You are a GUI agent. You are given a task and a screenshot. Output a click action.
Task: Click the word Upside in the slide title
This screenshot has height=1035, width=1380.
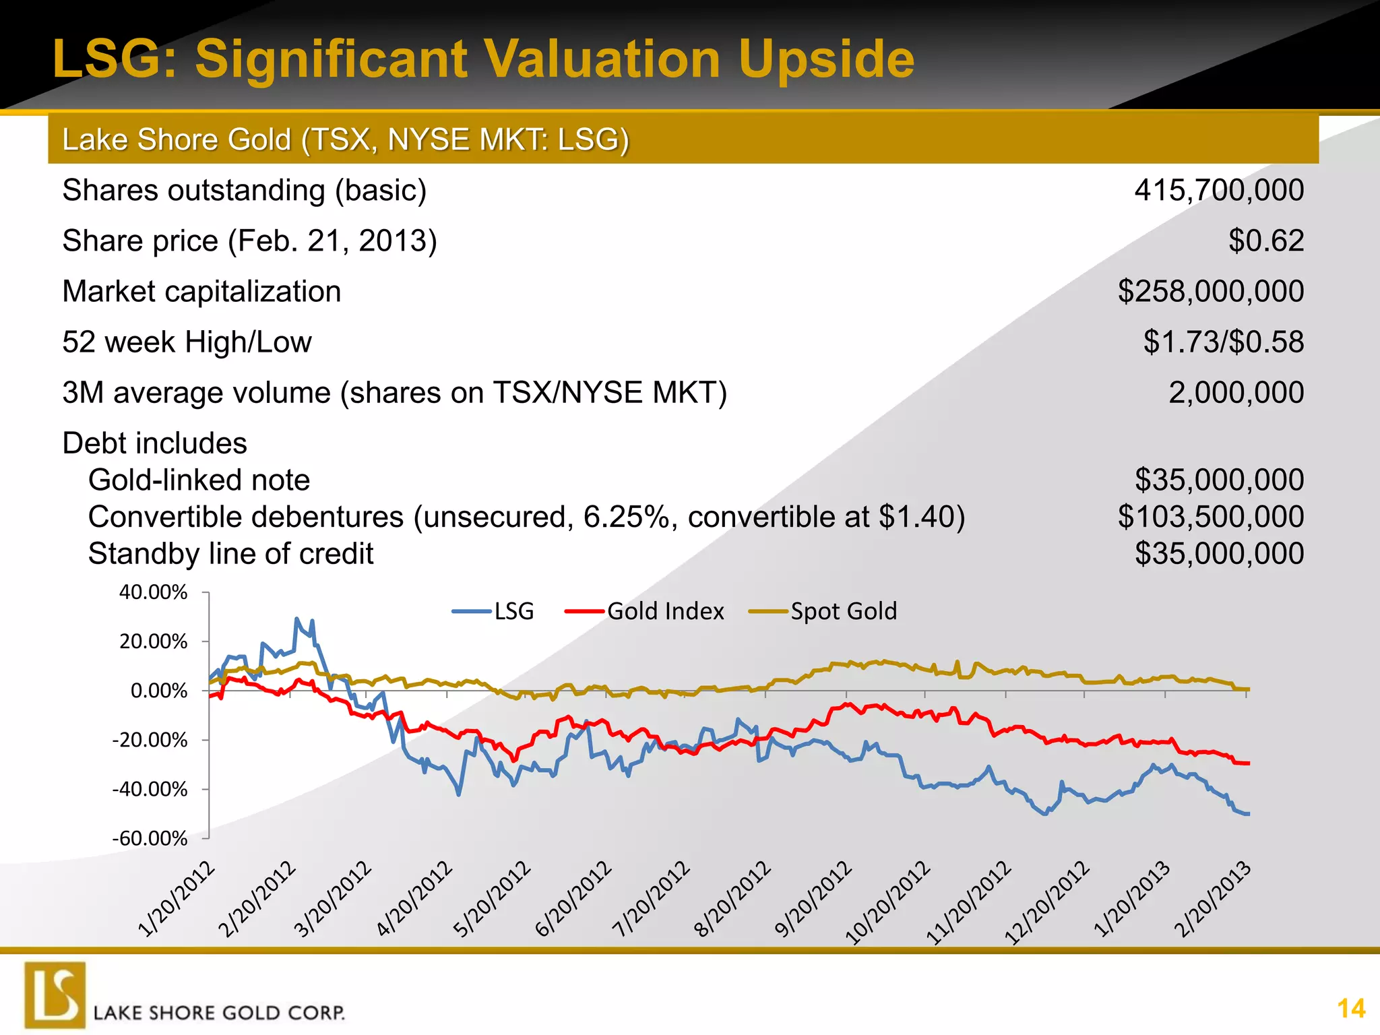[x=826, y=59]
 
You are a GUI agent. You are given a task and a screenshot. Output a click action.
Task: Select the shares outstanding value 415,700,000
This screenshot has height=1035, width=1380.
[x=1219, y=191]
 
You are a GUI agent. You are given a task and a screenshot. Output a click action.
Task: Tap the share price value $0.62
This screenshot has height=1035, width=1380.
[x=1266, y=241]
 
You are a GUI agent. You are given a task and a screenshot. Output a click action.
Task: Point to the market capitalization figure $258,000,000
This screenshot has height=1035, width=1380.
[x=1210, y=291]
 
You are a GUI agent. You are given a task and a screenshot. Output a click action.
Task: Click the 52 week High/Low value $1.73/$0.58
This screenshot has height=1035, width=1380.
[x=1223, y=342]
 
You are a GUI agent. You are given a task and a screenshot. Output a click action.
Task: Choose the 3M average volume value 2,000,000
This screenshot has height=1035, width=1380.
[x=1236, y=392]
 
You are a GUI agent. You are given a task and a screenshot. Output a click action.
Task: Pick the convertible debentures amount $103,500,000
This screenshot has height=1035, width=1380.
[x=1210, y=517]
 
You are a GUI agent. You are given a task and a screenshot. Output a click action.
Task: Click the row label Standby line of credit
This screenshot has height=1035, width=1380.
[x=230, y=554]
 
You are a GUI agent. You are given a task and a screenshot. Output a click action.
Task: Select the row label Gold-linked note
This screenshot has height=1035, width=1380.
[x=199, y=480]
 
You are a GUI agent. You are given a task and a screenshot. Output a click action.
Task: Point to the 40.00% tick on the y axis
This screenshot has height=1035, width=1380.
[x=153, y=592]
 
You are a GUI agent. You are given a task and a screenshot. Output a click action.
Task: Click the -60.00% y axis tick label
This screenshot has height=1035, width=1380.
[x=149, y=838]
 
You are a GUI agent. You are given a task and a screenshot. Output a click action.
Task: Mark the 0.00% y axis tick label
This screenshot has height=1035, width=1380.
[x=158, y=691]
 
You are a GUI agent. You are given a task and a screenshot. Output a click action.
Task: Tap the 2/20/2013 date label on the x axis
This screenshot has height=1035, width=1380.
[x=1212, y=900]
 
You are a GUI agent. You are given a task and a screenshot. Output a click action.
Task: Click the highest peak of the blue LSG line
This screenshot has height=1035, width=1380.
[x=296, y=619]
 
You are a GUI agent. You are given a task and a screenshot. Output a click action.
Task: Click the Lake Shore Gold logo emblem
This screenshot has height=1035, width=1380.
[x=55, y=995]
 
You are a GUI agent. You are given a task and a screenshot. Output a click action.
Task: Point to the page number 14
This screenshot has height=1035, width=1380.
[x=1350, y=1009]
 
